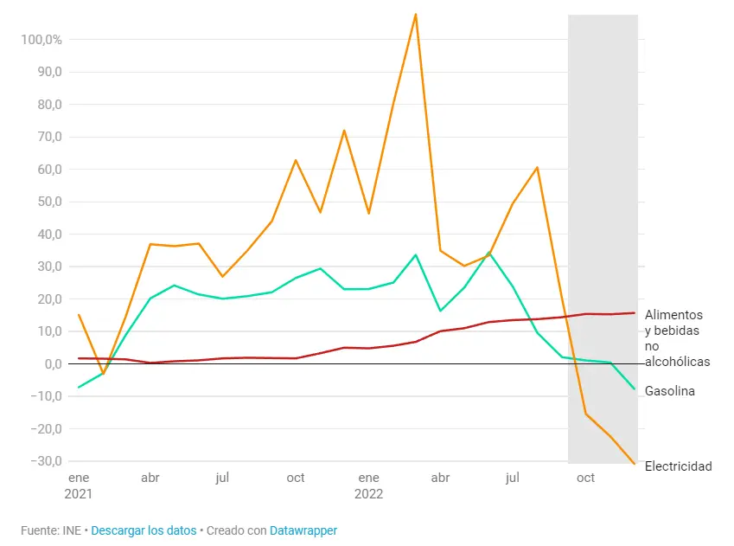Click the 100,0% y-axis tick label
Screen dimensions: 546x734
click(40, 40)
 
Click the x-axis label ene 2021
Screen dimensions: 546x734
click(79, 485)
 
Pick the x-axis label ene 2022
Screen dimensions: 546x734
click(368, 485)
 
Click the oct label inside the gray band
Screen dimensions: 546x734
click(585, 478)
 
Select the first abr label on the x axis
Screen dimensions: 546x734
click(150, 478)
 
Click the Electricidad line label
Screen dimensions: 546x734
click(678, 466)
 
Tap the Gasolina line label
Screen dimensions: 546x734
click(669, 391)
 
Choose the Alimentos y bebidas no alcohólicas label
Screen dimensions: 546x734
click(676, 338)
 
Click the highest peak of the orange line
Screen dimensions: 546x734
click(416, 14)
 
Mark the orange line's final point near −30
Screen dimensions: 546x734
click(635, 465)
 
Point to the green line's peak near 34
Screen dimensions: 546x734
click(489, 253)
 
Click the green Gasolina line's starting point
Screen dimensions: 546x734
click(79, 387)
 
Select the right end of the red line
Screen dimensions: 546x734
click(635, 313)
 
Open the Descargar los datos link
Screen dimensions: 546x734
click(144, 530)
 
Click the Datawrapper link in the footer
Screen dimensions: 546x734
click(303, 530)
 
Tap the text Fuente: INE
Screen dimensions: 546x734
click(51, 530)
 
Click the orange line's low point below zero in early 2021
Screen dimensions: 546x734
click(103, 373)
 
